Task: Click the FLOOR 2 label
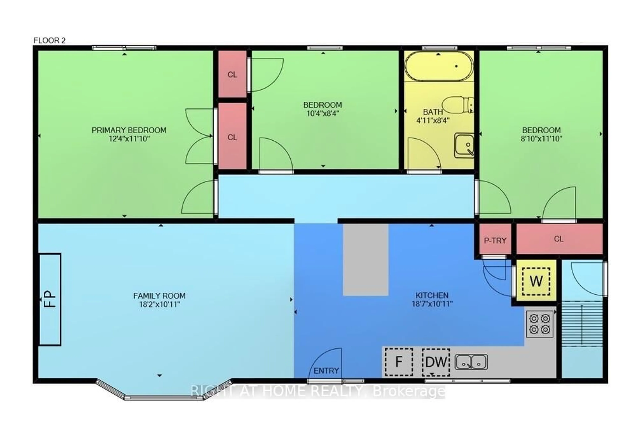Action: click(x=50, y=40)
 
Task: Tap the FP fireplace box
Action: click(x=50, y=299)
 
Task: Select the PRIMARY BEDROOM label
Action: click(x=129, y=130)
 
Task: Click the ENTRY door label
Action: click(x=326, y=371)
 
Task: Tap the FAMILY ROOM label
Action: click(x=159, y=296)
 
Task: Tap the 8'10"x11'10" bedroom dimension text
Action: click(x=541, y=139)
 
